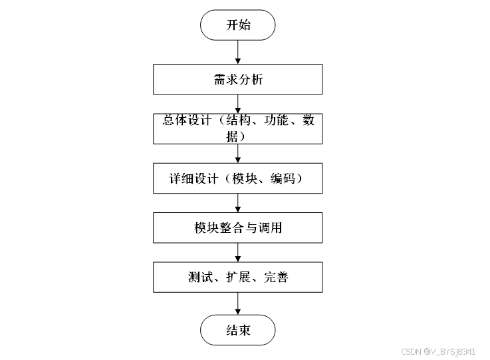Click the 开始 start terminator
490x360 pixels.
(238, 25)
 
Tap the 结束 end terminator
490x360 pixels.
(238, 330)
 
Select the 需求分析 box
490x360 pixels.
(238, 79)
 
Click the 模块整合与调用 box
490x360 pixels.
(238, 228)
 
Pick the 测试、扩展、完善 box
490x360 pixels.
(238, 277)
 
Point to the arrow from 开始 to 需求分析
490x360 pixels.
(238, 52)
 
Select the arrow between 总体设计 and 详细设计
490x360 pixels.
(238, 153)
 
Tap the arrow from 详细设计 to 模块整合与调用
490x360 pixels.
(238, 203)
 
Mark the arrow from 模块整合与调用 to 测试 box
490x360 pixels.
(238, 252)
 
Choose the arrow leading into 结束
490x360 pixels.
(238, 303)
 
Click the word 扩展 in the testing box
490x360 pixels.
(237, 277)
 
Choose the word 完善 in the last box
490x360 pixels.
(275, 277)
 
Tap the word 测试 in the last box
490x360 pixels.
(201, 277)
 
